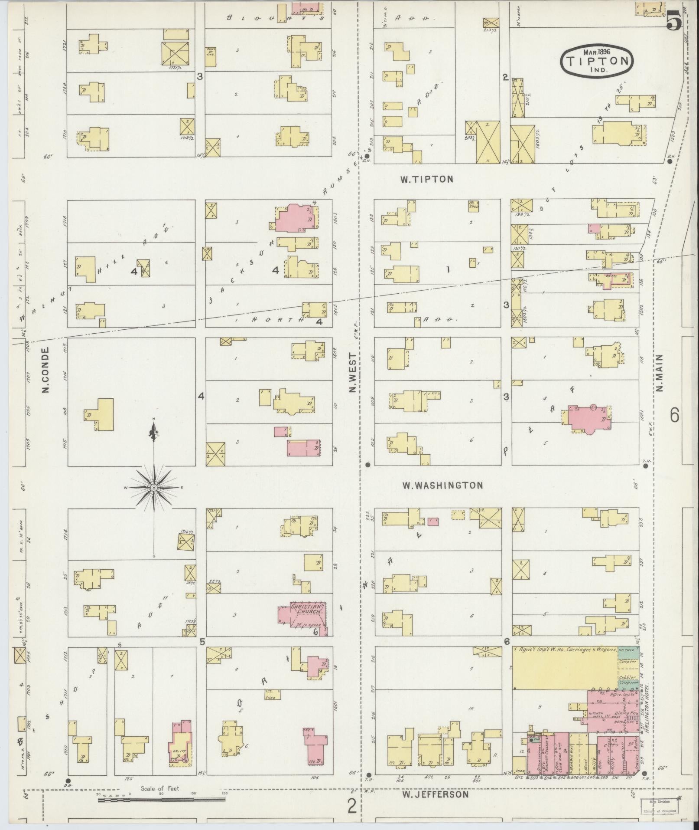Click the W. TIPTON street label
point(426,179)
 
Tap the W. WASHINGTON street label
point(442,485)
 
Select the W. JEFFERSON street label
point(435,794)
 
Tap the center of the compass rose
point(153,488)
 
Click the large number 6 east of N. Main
point(674,415)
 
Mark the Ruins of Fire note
point(210,56)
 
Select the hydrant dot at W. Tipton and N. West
point(367,156)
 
